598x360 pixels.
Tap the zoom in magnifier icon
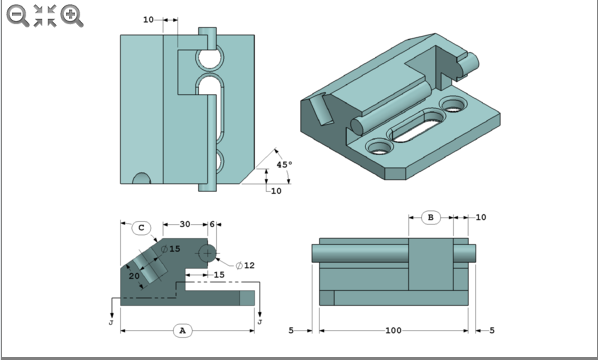[71, 14]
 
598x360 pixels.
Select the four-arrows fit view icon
[44, 14]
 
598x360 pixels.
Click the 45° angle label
[284, 165]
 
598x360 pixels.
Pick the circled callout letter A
[181, 329]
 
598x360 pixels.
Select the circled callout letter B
[429, 217]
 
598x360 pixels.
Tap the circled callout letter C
[142, 227]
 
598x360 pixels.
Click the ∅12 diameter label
[245, 265]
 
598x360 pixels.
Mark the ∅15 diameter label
[172, 248]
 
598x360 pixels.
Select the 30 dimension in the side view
[184, 224]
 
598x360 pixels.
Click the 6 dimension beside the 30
[211, 224]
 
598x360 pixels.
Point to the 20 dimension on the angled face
[134, 276]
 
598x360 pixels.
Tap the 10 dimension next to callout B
[480, 217]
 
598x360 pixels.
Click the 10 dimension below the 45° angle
[276, 191]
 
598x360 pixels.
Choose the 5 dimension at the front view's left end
[291, 329]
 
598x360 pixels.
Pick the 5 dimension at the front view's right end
[492, 329]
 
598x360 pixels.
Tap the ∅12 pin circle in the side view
[208, 253]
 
